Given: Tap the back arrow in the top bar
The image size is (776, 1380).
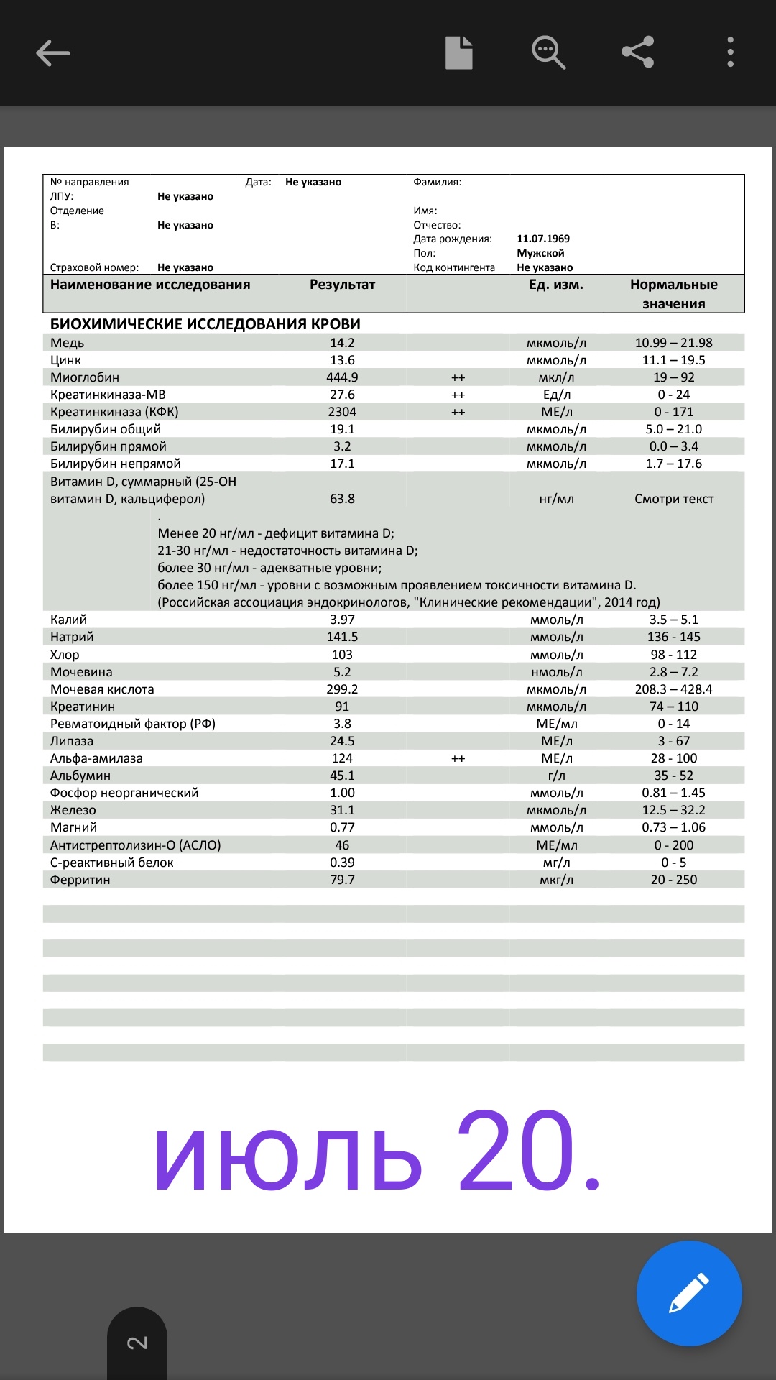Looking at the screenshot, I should (x=53, y=53).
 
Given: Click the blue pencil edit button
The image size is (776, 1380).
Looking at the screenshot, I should (x=688, y=1293).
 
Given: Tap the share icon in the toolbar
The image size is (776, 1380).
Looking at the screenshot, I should (x=637, y=52).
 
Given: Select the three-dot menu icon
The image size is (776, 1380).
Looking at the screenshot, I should (x=730, y=52).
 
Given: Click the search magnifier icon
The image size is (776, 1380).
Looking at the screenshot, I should (x=548, y=52).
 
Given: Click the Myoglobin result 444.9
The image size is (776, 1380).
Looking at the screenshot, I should (x=342, y=377).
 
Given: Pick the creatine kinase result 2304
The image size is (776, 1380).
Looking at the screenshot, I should (x=342, y=412).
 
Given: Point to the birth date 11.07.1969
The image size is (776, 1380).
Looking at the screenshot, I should (x=543, y=239).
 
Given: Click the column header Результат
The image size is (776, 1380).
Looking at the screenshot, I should (x=342, y=285).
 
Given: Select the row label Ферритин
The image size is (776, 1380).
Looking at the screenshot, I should (x=80, y=880).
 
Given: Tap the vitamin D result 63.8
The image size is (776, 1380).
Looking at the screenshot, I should (x=342, y=499).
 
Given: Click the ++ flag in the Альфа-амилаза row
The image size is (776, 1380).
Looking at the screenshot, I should (x=458, y=759).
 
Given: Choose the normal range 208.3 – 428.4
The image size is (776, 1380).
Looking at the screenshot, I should (x=673, y=689).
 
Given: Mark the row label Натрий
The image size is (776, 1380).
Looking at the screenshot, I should (x=72, y=637).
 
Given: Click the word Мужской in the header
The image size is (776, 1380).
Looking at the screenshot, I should (x=540, y=253).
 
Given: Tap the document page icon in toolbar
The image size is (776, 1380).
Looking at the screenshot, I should (x=459, y=52).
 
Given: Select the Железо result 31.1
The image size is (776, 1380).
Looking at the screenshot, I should (x=342, y=810).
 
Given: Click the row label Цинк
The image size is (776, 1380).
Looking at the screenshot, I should (x=65, y=360).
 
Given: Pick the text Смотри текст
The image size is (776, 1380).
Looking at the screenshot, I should (x=673, y=499).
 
